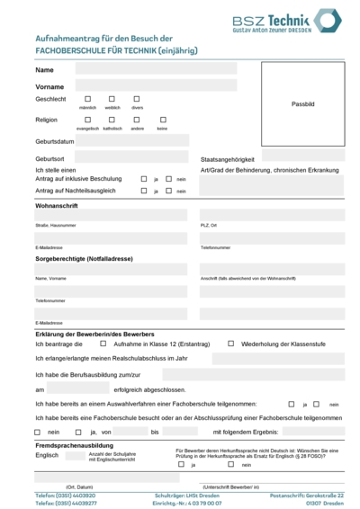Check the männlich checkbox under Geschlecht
[x=88, y=99]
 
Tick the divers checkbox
[x=137, y=99]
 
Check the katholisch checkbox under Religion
[x=112, y=120]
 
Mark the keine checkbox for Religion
[x=162, y=120]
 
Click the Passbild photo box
[x=303, y=104]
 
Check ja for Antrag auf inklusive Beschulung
[x=144, y=179]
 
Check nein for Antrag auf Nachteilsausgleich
[x=168, y=191]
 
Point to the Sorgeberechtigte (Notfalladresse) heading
[x=84, y=258]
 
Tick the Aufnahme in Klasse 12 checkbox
[x=103, y=343]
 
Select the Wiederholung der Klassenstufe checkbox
[x=231, y=343]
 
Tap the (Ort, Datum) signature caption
[x=54, y=486]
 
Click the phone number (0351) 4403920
[x=65, y=496]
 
